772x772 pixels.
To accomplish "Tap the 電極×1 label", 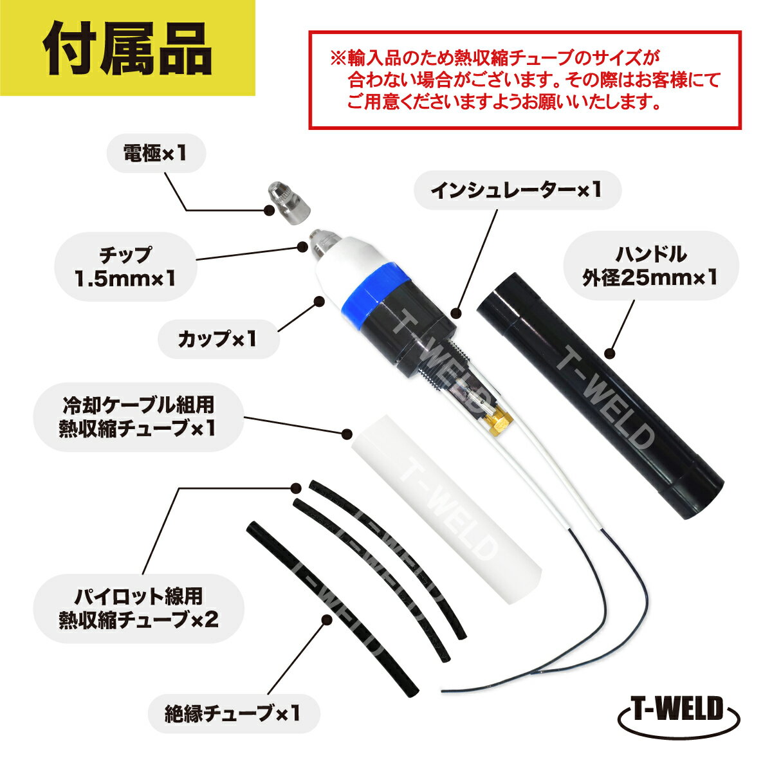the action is coord(156,153).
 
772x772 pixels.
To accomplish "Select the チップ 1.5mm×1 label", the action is coord(125,266).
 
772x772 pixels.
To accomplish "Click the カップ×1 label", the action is coord(217,339).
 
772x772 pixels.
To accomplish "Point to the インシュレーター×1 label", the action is coord(517,190).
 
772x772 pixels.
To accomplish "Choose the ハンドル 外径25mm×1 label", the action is coord(650,266).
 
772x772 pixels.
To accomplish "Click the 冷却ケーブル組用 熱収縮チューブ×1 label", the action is coord(138,417).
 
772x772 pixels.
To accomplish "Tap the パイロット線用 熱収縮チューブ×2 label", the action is coord(138,608).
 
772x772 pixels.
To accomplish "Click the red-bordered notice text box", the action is coord(525,80).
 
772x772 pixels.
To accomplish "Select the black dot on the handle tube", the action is coord(610,354).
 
